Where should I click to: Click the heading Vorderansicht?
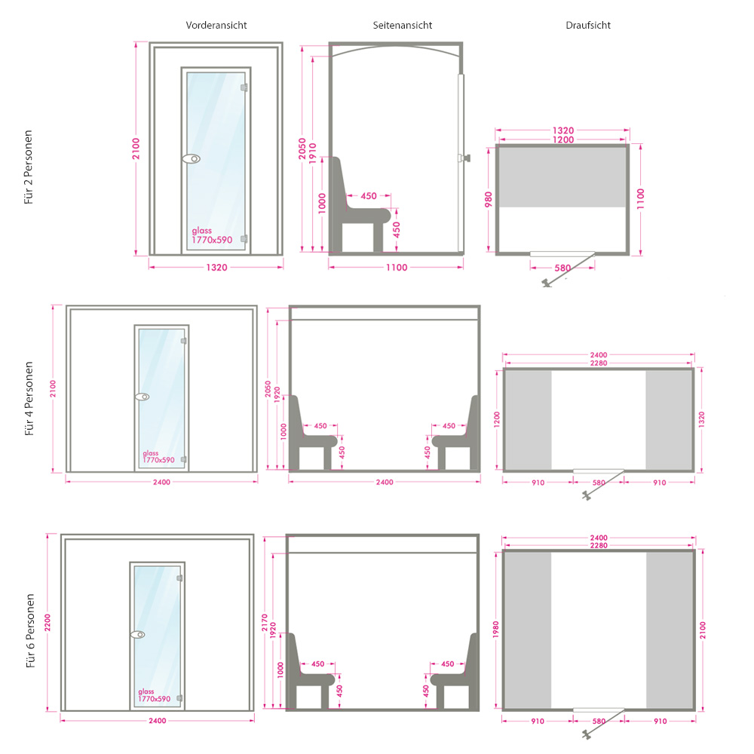pyautogui.click(x=216, y=26)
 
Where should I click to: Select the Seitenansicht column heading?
pyautogui.click(x=403, y=26)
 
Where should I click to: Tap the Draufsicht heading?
pyautogui.click(x=588, y=26)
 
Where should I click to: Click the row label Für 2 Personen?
pyautogui.click(x=29, y=167)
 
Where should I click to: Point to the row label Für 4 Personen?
pyautogui.click(x=29, y=399)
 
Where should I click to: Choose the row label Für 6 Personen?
pyautogui.click(x=30, y=631)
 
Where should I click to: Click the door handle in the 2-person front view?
pyautogui.click(x=192, y=158)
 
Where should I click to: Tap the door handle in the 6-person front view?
pyautogui.click(x=138, y=635)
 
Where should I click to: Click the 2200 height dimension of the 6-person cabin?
pyautogui.click(x=48, y=623)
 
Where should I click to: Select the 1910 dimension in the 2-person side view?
pyautogui.click(x=313, y=153)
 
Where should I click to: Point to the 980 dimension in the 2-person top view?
pyautogui.click(x=489, y=200)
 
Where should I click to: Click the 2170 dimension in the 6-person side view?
pyautogui.click(x=265, y=623)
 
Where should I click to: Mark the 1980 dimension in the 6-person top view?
pyautogui.click(x=496, y=630)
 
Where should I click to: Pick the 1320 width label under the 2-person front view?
pyautogui.click(x=217, y=268)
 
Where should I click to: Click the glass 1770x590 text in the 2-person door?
pyautogui.click(x=212, y=235)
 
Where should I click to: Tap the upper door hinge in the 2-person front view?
pyautogui.click(x=244, y=87)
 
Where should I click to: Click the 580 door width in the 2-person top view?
pyautogui.click(x=562, y=268)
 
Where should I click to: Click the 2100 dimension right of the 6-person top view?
pyautogui.click(x=703, y=630)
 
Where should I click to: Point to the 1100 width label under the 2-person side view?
pyautogui.click(x=397, y=268)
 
